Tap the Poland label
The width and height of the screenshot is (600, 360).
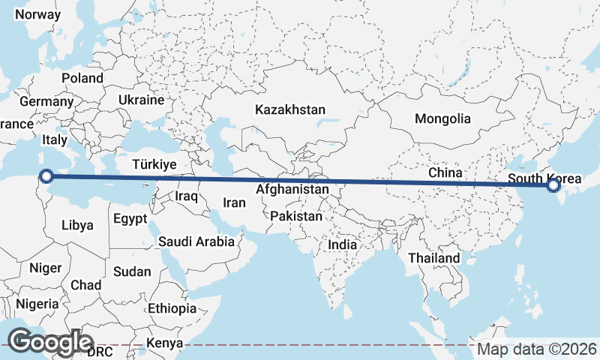pos(82,78)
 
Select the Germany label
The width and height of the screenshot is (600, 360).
pos(46,101)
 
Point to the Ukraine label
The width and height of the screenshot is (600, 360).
pos(140,100)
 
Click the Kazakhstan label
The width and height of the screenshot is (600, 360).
pos(290,109)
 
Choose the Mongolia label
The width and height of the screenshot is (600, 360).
pos(442,118)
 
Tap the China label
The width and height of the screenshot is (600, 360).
pos(445,172)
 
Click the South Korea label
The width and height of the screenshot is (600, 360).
pos(544,178)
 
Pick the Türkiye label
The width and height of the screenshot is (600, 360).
pos(154,163)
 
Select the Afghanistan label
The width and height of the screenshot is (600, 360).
pos(292,190)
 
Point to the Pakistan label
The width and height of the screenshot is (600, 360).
pos(296,216)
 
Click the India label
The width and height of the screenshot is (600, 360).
pos(343,244)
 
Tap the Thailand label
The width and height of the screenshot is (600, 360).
pos(434,258)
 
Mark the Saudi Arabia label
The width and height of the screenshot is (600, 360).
pos(196,241)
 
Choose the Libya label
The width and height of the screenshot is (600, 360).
pos(78,225)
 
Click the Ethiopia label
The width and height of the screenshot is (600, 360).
pos(172,308)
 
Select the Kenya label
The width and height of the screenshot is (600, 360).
pos(164,343)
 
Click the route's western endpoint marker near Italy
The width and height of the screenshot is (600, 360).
pos(46,176)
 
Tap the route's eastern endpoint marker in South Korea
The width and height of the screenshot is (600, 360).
pos(554,185)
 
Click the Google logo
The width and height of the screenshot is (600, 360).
pos(51,341)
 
